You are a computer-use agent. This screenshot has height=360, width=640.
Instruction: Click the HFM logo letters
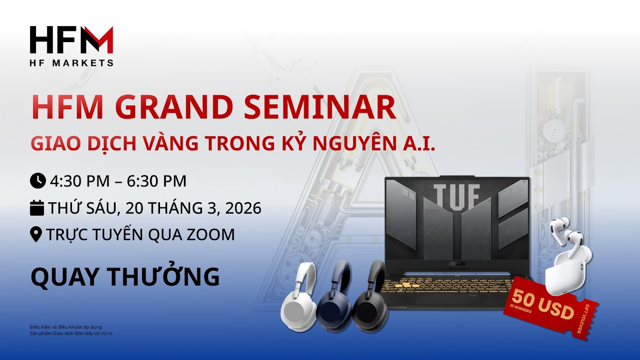tap(72, 40)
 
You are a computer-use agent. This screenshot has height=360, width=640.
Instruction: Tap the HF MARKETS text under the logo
tap(72, 63)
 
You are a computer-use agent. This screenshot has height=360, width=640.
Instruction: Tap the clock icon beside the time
tap(38, 180)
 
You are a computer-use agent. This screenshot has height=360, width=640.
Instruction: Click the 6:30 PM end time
tap(156, 181)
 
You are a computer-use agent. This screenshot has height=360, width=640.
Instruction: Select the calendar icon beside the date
tap(37, 208)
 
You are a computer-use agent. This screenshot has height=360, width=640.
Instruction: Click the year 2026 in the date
tap(243, 208)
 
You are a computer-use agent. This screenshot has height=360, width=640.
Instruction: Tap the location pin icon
tap(36, 234)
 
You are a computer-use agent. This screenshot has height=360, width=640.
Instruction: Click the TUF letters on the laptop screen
tap(456, 196)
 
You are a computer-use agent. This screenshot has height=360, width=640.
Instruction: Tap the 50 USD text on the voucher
tap(542, 304)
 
